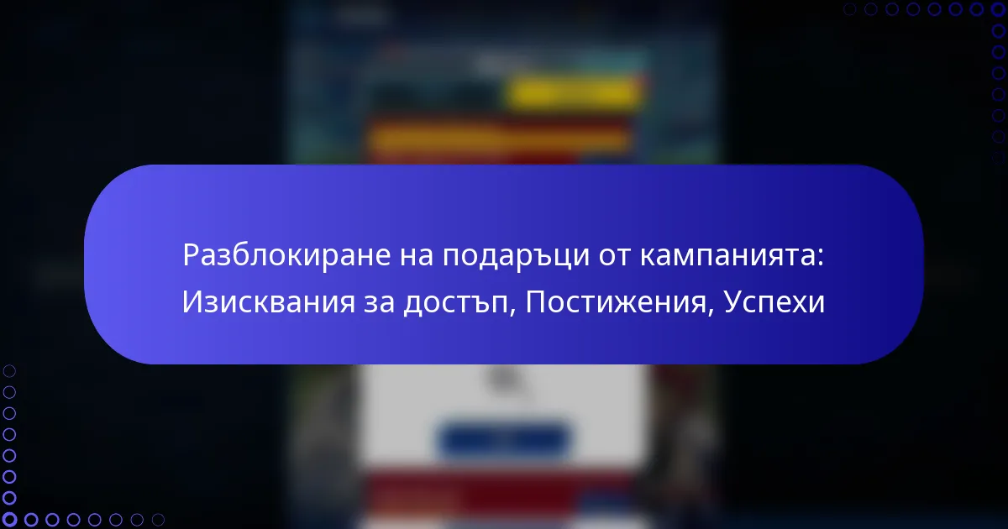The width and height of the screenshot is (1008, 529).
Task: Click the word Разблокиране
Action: tap(286, 255)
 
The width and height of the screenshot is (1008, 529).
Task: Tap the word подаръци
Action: tap(516, 256)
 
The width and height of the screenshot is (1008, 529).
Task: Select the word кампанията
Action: tap(727, 255)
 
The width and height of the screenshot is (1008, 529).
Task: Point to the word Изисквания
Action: tap(269, 301)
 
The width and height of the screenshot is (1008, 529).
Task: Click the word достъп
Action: tap(456, 303)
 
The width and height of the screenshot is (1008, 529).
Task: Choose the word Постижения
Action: tap(616, 301)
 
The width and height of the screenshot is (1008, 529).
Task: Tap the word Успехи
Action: tap(774, 301)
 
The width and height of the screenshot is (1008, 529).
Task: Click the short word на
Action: tap(417, 256)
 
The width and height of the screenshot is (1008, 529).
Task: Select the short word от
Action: tap(615, 256)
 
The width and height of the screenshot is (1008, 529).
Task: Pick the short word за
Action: tap(379, 303)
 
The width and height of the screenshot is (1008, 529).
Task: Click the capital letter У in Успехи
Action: tap(733, 302)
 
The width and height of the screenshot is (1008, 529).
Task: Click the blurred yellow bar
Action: tap(575, 93)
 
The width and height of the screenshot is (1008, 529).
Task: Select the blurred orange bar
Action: tap(499, 138)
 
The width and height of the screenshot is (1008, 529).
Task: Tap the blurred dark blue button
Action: tap(503, 439)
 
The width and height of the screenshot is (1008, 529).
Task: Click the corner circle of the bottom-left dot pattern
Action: tap(9, 520)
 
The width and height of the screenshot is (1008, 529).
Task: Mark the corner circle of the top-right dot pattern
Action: tap(999, 9)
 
